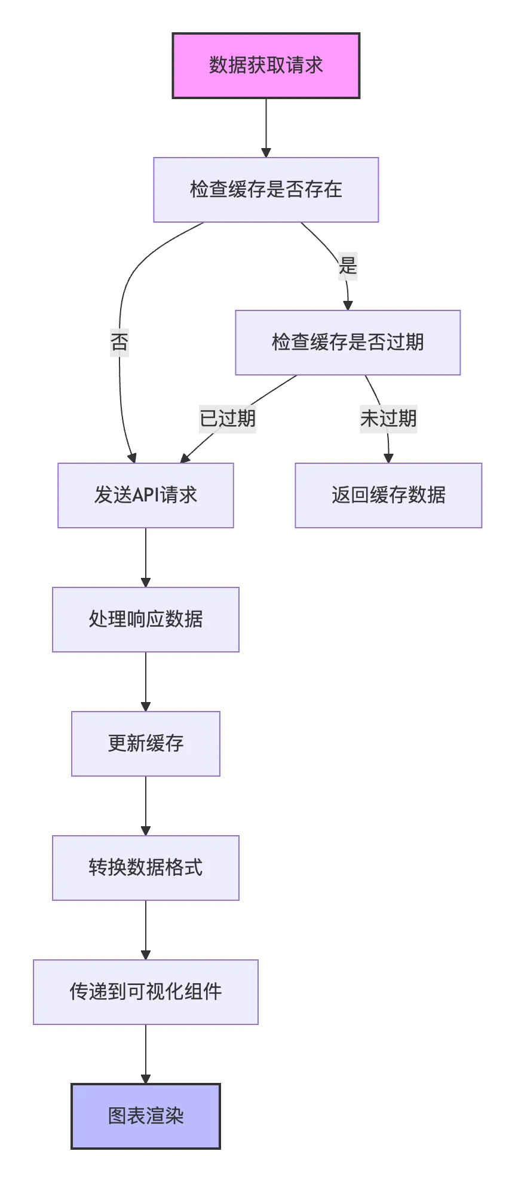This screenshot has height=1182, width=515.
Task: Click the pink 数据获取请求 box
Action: pos(266,66)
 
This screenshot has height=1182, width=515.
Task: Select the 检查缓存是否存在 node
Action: pos(266,190)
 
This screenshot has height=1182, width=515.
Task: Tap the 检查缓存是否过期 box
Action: pos(348,343)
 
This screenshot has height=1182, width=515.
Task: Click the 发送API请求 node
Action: pos(146,495)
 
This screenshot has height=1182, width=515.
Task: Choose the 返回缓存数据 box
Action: pos(388,495)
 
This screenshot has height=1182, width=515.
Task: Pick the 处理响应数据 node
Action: pos(146,620)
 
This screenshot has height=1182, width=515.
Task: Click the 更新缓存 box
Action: pos(146,744)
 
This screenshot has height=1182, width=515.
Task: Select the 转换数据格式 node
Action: pos(146,868)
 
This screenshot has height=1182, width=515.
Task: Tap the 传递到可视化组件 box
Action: pos(146,992)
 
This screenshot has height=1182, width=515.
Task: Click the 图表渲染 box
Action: pos(146,1116)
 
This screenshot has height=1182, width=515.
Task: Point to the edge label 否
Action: pos(119,342)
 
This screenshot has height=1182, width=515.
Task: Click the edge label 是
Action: pos(348,265)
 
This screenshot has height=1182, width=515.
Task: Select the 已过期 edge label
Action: pos(228,418)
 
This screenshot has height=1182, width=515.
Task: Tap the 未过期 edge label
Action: pos(388,418)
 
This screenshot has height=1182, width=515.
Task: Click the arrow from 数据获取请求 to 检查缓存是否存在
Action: pos(266,128)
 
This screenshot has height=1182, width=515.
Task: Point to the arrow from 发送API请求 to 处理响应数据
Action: pos(146,558)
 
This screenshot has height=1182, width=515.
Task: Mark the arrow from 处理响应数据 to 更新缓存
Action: pos(146,682)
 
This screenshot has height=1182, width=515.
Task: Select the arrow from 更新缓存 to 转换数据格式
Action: pos(146,806)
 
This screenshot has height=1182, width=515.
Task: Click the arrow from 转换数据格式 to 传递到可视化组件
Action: pos(146,930)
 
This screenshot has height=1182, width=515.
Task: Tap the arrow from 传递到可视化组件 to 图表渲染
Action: pos(146,1054)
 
